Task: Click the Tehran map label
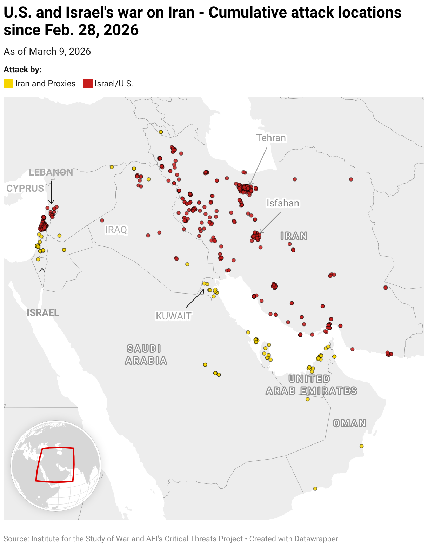[271, 138]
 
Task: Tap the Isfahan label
[283, 203]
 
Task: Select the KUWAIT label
[173, 316]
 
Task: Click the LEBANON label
[51, 172]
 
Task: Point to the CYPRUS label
[25, 189]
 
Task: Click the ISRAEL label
[43, 312]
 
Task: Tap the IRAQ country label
[116, 230]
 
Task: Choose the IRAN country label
[294, 236]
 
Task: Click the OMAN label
[349, 423]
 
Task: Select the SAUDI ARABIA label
[146, 355]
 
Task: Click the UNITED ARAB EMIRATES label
[311, 385]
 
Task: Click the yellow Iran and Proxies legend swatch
[8, 84]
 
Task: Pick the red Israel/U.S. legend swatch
[88, 84]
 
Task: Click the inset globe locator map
[56, 466]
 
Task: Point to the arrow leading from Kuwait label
[195, 298]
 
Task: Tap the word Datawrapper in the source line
[316, 539]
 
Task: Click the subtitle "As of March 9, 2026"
[47, 52]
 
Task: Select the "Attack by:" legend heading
[22, 70]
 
